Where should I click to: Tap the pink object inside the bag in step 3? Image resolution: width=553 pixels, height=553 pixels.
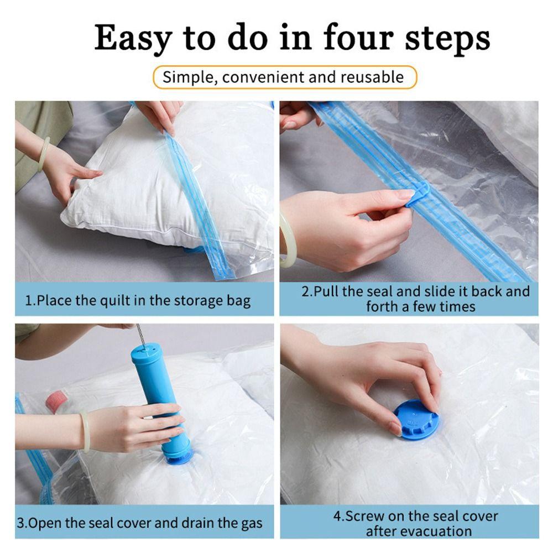point(55,400)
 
